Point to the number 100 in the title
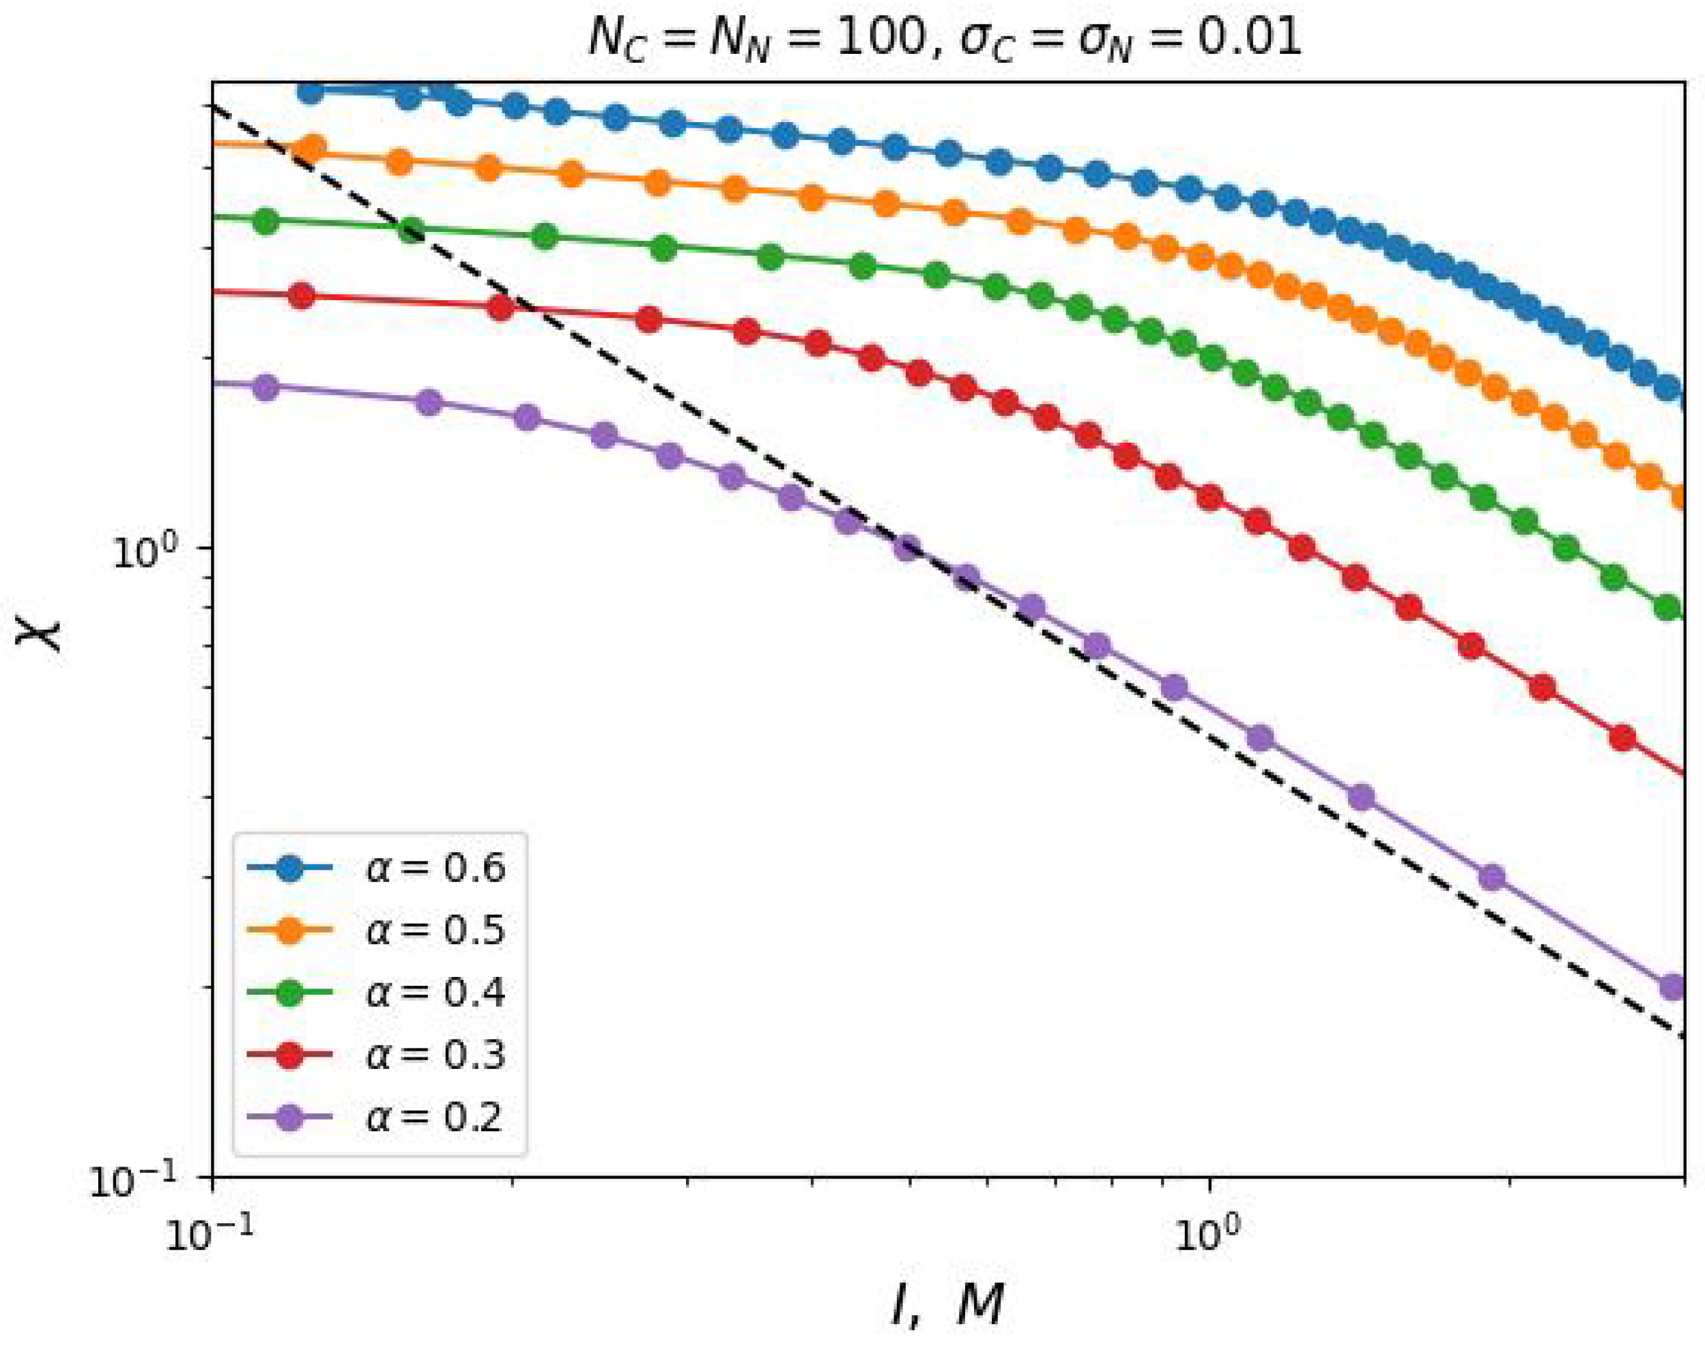coord(879,38)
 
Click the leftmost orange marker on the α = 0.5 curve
coord(313,147)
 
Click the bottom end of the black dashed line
coord(1682,1036)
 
